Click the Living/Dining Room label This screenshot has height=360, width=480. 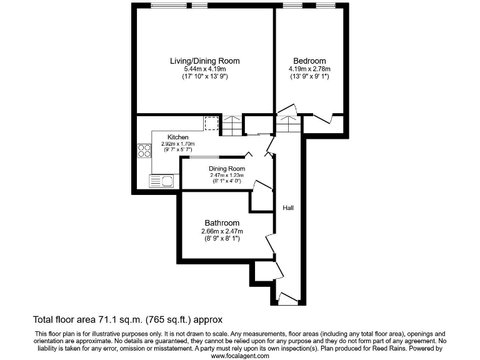[x=205, y=61]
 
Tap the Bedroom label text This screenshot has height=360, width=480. [x=309, y=61]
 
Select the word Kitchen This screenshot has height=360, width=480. [x=178, y=137]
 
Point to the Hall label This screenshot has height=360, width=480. [x=288, y=207]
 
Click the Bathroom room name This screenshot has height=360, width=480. [x=222, y=223]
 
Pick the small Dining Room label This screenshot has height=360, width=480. [x=226, y=169]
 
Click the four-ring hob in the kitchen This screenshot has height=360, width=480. [x=144, y=151]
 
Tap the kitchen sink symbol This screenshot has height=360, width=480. [x=161, y=181]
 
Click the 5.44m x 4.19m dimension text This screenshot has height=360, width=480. [x=205, y=69]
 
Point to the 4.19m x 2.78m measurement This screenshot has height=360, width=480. [x=309, y=69]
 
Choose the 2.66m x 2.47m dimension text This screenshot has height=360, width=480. [x=222, y=231]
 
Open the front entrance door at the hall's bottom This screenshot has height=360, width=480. [x=288, y=298]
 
